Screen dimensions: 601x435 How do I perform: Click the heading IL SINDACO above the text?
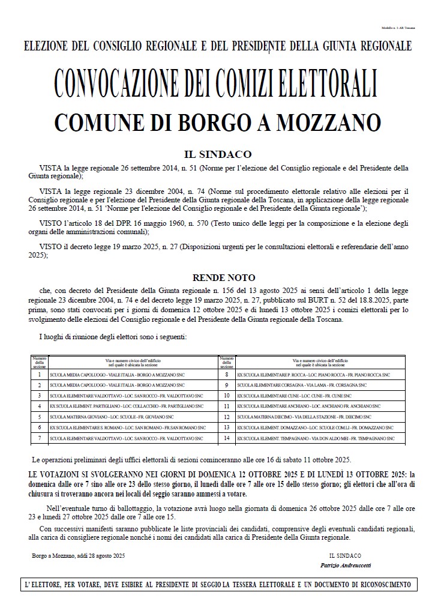pos(217,154)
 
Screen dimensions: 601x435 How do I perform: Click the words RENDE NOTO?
pos(217,277)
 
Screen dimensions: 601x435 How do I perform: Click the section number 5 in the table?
pos(39,417)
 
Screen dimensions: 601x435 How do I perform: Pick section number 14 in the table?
pos(226,438)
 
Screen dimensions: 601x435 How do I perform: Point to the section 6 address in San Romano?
pos(128,427)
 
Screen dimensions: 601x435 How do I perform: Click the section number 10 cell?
pos(226,395)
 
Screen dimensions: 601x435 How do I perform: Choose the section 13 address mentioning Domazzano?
pos(316,427)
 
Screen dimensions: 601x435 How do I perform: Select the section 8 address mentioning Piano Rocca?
pos(313,373)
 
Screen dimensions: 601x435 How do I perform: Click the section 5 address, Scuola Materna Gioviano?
pos(112,417)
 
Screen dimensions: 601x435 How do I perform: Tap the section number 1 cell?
pos(39,373)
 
